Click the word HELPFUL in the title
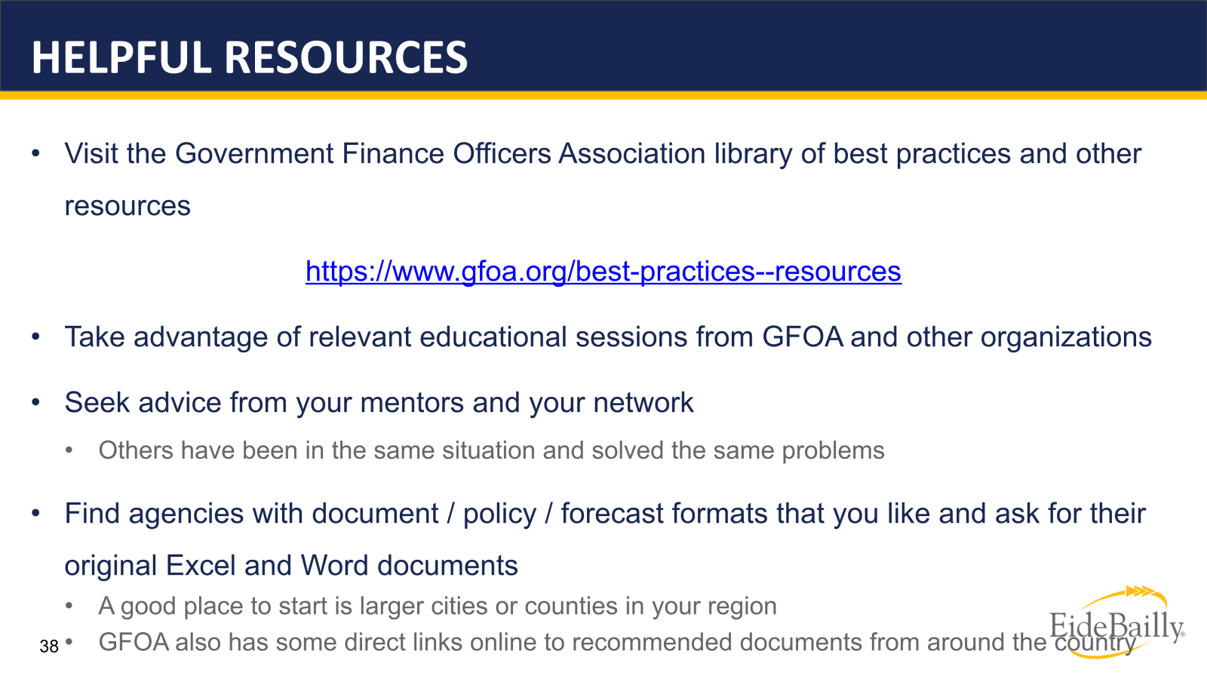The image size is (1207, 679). click(x=121, y=58)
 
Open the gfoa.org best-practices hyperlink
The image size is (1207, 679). click(x=603, y=272)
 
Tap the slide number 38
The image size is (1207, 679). click(x=49, y=647)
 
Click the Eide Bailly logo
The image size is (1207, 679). click(x=1116, y=625)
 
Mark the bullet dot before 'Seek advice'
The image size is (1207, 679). click(x=35, y=403)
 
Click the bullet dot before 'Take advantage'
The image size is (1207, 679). click(x=35, y=337)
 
